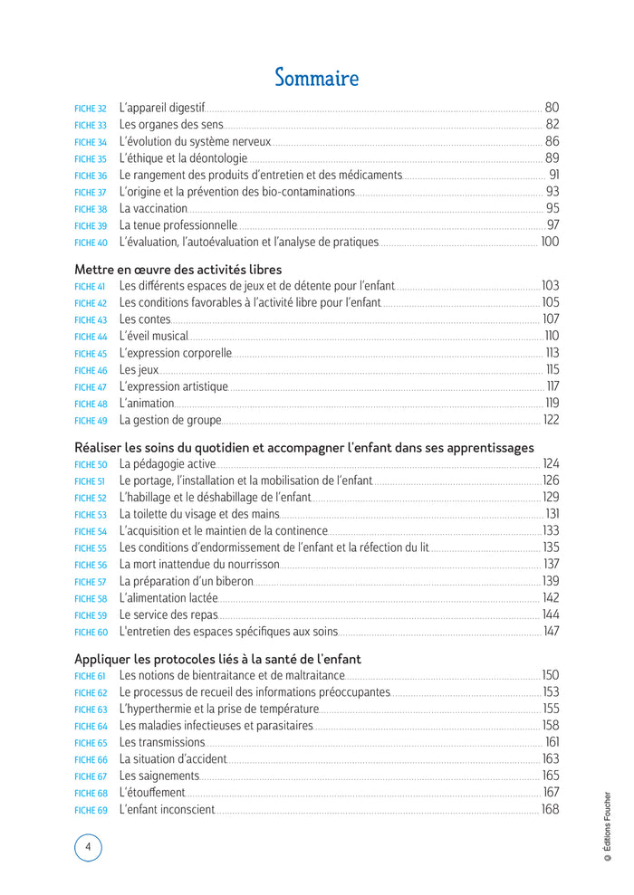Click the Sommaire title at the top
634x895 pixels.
[x=316, y=78]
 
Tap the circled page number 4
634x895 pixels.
[x=88, y=848]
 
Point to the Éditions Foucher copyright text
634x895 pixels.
[x=608, y=832]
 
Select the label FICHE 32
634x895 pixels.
[x=91, y=109]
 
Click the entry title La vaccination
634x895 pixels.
[x=153, y=208]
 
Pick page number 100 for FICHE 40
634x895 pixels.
[x=550, y=242]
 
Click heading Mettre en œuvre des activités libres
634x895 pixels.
[x=178, y=269]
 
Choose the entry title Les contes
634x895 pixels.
[x=145, y=319]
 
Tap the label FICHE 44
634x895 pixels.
[x=91, y=337]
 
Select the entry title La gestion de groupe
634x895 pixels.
[x=170, y=420]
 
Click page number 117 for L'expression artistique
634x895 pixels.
[x=552, y=386]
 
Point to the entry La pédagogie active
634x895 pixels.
[x=168, y=464]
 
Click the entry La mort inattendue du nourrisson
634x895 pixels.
[x=199, y=564]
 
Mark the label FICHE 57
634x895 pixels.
[x=91, y=582]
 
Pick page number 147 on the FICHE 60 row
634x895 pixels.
[x=551, y=631]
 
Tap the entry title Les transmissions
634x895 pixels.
[x=162, y=742]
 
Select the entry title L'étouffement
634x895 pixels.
[x=152, y=793]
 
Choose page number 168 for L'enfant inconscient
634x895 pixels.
[x=550, y=809]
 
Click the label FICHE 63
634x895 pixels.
[x=91, y=709]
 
